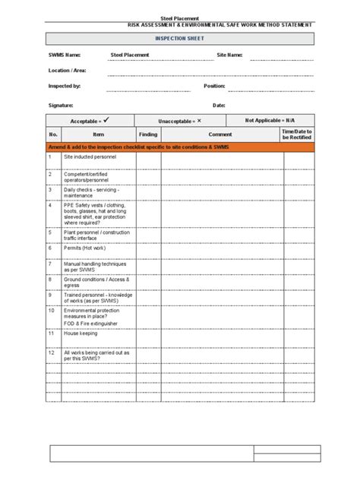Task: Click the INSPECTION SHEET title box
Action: [x=180, y=39]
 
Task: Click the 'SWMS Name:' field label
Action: [x=65, y=55]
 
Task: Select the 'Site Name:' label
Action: [x=230, y=55]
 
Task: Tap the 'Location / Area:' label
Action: [x=67, y=71]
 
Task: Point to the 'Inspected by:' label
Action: [x=64, y=87]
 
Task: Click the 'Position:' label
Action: [x=214, y=87]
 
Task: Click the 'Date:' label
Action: [x=219, y=105]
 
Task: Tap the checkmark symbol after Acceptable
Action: [x=108, y=120]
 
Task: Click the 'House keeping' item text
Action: [x=81, y=333]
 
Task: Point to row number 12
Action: [x=51, y=352]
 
